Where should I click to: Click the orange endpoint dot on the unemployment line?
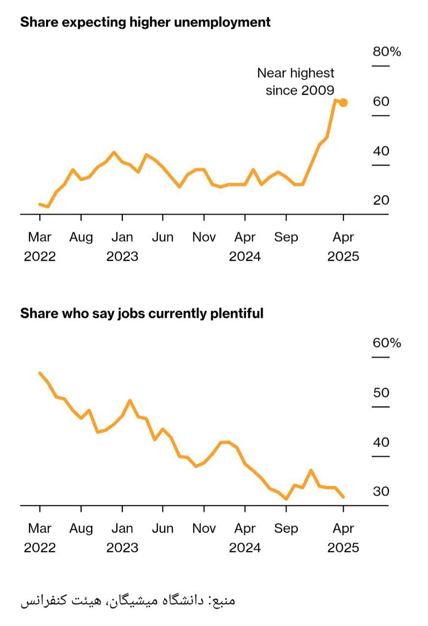[x=343, y=103]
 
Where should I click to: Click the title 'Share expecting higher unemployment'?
[x=145, y=22]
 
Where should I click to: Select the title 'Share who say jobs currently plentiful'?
[x=142, y=313]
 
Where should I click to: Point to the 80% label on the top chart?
[x=386, y=51]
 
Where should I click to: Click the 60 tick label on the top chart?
[x=381, y=101]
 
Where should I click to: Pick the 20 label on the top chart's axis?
[x=381, y=200]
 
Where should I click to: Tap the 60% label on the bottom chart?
[x=386, y=343]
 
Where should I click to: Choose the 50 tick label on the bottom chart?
[x=381, y=393]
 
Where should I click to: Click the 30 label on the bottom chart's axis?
[x=381, y=492]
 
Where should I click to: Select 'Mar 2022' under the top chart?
[x=40, y=247]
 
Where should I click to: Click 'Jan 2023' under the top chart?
[x=122, y=247]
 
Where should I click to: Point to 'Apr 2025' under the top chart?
[x=343, y=247]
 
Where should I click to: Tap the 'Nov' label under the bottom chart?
[x=204, y=529]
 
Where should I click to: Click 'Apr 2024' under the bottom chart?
[x=245, y=538]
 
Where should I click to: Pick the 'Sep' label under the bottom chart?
[x=286, y=529]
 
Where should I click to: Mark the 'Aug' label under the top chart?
[x=81, y=238]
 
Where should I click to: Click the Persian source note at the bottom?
[x=128, y=600]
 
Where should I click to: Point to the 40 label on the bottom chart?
[x=381, y=442]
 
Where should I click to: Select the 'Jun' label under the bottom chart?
[x=163, y=529]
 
